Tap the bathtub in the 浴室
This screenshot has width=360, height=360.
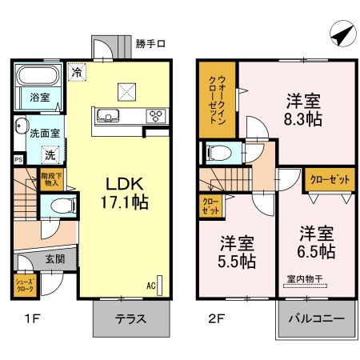pyautogui.click(x=36, y=78)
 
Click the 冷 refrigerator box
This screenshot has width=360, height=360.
pyautogui.click(x=76, y=72)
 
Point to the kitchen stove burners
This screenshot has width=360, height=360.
pyautogui.click(x=154, y=115)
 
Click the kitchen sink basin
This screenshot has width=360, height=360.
pyautogui.click(x=108, y=115)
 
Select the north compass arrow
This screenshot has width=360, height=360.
pyautogui.click(x=340, y=36)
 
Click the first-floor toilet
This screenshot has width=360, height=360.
pyautogui.click(x=58, y=206)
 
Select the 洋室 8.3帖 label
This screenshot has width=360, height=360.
pyautogui.click(x=304, y=110)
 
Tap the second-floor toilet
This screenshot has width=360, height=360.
pyautogui.click(x=218, y=151)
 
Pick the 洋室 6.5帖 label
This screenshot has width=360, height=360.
pyautogui.click(x=317, y=242)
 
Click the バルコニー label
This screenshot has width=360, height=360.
pyautogui.click(x=316, y=318)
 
